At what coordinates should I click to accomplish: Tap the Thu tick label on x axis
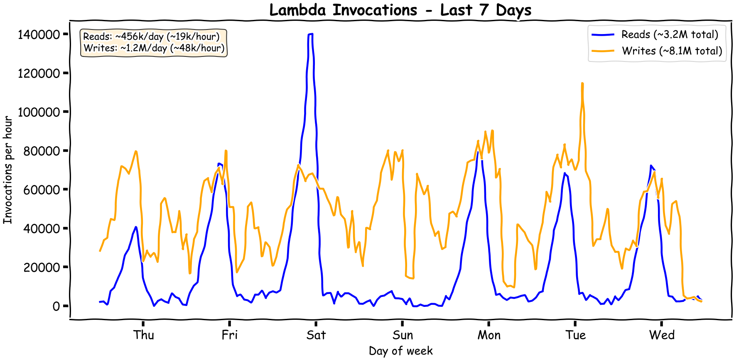click(143, 335)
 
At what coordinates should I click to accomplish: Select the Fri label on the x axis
click(229, 335)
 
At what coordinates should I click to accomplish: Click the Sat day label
click(316, 335)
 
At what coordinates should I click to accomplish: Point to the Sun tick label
click(402, 335)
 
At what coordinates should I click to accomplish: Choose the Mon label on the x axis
click(489, 335)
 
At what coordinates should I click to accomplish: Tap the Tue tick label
click(575, 335)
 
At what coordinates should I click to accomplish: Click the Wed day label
click(661, 335)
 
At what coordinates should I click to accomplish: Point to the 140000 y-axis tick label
click(39, 34)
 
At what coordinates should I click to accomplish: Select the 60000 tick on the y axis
click(42, 190)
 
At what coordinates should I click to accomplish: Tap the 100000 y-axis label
click(39, 112)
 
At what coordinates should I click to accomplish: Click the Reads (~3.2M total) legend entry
click(669, 34)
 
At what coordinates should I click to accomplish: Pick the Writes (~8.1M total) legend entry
click(672, 51)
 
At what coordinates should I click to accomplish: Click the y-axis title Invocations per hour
click(7, 170)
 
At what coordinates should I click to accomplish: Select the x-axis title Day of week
click(400, 351)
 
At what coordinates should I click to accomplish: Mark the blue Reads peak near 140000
click(310, 34)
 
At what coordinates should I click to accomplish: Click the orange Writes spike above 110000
click(582, 84)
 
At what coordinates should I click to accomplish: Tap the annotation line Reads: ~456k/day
click(151, 37)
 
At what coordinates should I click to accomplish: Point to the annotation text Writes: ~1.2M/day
click(154, 48)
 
